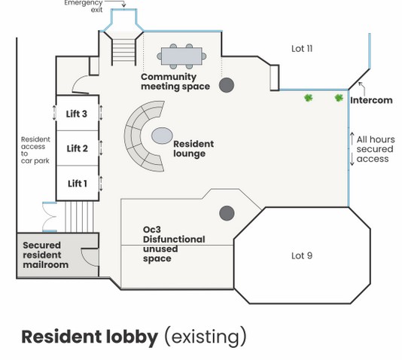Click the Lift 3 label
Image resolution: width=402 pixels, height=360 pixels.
pyautogui.click(x=76, y=114)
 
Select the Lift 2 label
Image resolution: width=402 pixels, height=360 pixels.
pyautogui.click(x=78, y=148)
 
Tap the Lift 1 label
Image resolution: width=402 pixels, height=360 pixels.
pyautogui.click(x=78, y=183)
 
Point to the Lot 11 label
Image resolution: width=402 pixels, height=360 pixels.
pyautogui.click(x=302, y=49)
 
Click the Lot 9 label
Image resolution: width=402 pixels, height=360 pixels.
pyautogui.click(x=302, y=255)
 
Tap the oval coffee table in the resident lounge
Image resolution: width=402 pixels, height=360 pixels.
pyautogui.click(x=162, y=136)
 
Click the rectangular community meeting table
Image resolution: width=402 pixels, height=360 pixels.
pyautogui.click(x=181, y=56)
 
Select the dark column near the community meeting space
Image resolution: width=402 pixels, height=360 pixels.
pyautogui.click(x=227, y=85)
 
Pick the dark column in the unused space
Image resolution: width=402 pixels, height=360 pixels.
pyautogui.click(x=227, y=213)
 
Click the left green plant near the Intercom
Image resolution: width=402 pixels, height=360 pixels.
pyautogui.click(x=309, y=98)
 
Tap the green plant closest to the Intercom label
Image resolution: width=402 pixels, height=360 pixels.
pyautogui.click(x=339, y=98)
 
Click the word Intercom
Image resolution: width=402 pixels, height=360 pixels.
pyautogui.click(x=371, y=100)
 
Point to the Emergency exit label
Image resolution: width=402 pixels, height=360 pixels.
pyautogui.click(x=84, y=6)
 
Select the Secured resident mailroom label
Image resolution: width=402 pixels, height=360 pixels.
pyautogui.click(x=46, y=255)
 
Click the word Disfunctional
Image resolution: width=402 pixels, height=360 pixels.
pyautogui.click(x=174, y=239)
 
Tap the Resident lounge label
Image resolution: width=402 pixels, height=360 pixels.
pyautogui.click(x=193, y=148)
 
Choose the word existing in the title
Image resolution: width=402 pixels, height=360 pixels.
pyautogui.click(x=206, y=337)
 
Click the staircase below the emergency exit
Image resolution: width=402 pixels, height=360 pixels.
pyautogui.click(x=123, y=52)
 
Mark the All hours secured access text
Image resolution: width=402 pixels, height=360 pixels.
pyautogui.click(x=376, y=149)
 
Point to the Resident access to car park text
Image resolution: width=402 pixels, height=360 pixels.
pyautogui.click(x=35, y=150)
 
